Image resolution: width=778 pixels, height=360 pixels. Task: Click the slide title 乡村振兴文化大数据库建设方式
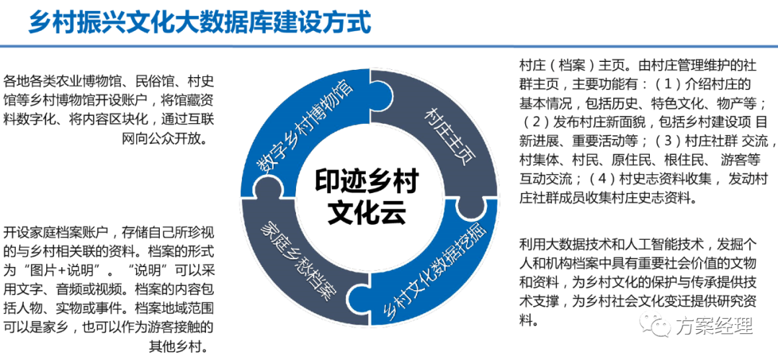pos(200,22)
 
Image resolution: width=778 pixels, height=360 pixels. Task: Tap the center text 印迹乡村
pos(367,182)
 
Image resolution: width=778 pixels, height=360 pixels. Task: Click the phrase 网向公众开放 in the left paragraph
pos(164,139)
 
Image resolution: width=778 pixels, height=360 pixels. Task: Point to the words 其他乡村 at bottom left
pos(178,346)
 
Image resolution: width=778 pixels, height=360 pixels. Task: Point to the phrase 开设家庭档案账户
pos(49,232)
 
